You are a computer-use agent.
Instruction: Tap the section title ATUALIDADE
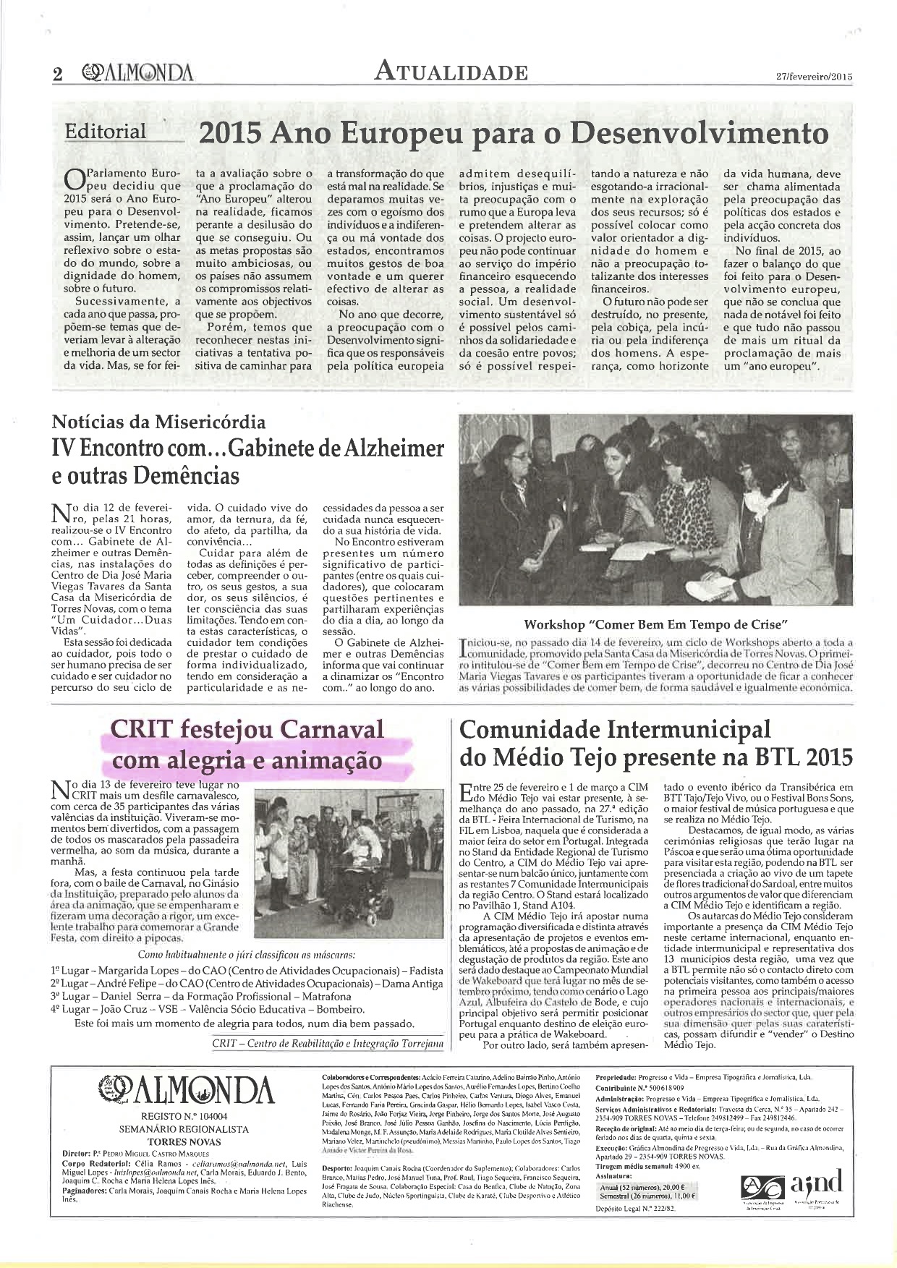pyautogui.click(x=451, y=72)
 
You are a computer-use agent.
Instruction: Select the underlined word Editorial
pyautogui.click(x=105, y=132)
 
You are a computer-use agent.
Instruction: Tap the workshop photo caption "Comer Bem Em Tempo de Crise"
pyautogui.click(x=655, y=624)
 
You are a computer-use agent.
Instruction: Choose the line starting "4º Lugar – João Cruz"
pyautogui.click(x=208, y=1009)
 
